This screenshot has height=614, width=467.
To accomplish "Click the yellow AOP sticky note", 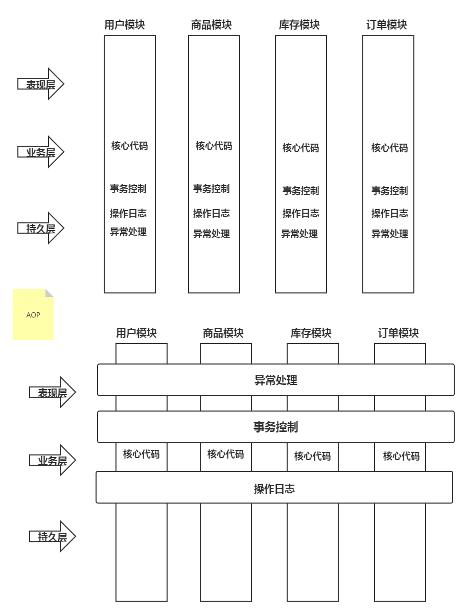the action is (x=33, y=314).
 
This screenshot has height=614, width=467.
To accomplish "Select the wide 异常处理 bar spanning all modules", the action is (x=275, y=380).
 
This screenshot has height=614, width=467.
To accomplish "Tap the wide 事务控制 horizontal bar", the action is (x=275, y=427).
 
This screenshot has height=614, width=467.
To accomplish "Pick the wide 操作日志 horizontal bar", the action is (x=274, y=488).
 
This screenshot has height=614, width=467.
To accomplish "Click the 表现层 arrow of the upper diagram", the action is (x=41, y=84).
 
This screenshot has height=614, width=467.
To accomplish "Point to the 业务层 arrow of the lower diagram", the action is (x=52, y=460).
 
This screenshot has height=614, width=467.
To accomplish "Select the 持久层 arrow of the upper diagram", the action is (x=41, y=228).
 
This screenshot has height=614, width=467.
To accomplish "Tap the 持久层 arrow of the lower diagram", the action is (x=52, y=536).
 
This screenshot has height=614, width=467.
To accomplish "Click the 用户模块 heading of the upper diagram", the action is (x=124, y=25).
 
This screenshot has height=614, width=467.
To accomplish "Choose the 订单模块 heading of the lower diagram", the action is (x=399, y=333).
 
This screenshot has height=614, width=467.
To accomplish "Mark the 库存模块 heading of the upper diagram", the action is (x=299, y=25).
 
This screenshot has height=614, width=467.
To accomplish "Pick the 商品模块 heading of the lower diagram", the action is (x=223, y=333).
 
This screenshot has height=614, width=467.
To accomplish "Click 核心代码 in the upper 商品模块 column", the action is (x=214, y=146).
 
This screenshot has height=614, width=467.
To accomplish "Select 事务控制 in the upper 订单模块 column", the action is (x=389, y=191).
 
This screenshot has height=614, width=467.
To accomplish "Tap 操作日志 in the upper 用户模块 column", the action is (x=128, y=213).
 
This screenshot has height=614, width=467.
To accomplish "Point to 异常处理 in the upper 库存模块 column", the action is (x=299, y=234).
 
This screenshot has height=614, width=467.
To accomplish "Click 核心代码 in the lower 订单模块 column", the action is (x=401, y=456).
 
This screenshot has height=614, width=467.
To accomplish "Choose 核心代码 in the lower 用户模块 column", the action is (x=141, y=454).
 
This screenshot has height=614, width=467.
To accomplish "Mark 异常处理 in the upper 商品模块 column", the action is (x=212, y=234).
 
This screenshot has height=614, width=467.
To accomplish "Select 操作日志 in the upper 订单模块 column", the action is (x=389, y=213).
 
